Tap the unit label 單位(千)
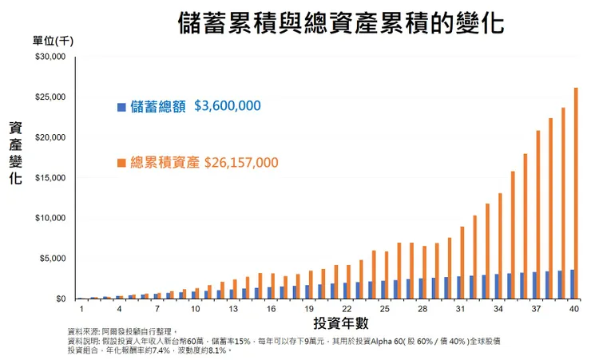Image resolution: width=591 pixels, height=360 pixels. pos(53,42)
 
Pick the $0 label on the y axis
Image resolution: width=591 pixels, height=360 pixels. pos(61,299)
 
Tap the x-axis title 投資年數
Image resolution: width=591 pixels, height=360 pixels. pos(341,322)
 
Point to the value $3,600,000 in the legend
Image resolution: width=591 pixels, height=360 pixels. pos(228,106)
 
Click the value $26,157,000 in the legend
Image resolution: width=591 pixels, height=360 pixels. pos(241,162)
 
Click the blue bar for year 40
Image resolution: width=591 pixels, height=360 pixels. pos(571,284)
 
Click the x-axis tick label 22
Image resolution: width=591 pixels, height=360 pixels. pos(346,308)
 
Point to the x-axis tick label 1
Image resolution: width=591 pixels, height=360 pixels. pos(81,308)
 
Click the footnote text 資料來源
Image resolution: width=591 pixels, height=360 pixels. pos(85,331)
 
